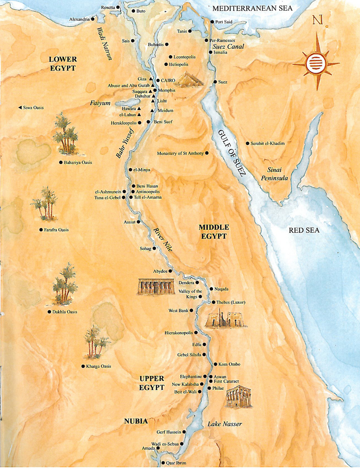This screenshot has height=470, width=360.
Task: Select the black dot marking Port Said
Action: [x=212, y=22]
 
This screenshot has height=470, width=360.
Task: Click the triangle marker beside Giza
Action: [x=150, y=79]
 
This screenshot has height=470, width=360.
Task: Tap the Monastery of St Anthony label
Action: [x=180, y=153]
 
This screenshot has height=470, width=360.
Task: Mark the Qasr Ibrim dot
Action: [x=163, y=464]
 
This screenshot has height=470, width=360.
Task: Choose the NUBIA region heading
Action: [x=136, y=421]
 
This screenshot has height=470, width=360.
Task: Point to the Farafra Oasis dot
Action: [x=41, y=229]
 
